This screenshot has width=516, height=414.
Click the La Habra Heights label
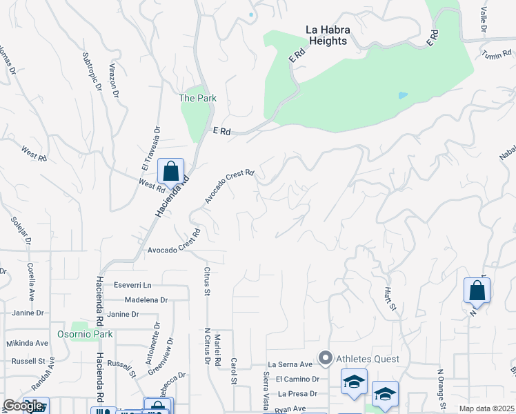tap(326, 35)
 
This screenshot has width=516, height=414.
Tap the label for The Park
tap(197, 98)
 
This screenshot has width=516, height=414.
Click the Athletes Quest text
tap(368, 359)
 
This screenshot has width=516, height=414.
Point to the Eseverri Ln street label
tap(132, 285)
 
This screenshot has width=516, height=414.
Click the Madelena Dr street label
tap(146, 300)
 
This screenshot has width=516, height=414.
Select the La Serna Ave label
tap(291, 364)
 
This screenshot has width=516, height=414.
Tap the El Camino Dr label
tap(297, 379)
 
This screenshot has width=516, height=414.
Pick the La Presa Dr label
tap(297, 394)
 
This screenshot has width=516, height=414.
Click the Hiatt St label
tap(390, 298)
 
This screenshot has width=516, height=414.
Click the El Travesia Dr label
tap(151, 148)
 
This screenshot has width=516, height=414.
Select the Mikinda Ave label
tap(28, 343)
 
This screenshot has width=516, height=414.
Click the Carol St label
tap(234, 371)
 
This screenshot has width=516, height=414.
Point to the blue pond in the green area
tap(403, 95)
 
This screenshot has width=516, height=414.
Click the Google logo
tap(23, 406)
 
